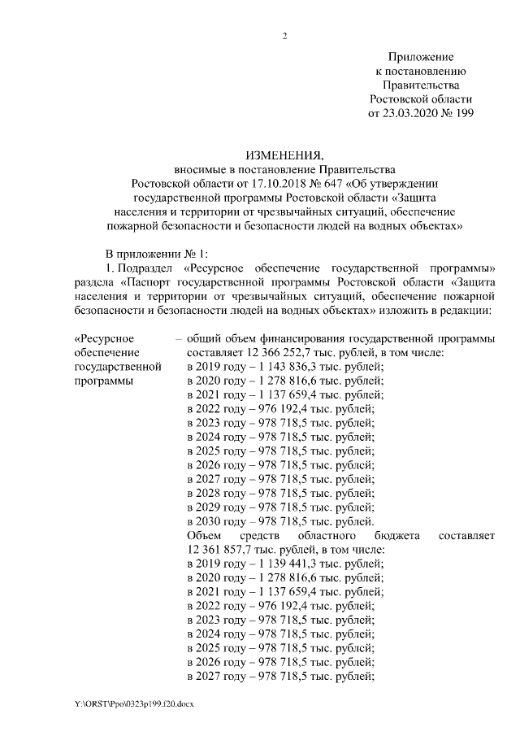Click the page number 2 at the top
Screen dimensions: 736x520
(284, 36)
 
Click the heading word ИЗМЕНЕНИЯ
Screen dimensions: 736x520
(284, 155)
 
